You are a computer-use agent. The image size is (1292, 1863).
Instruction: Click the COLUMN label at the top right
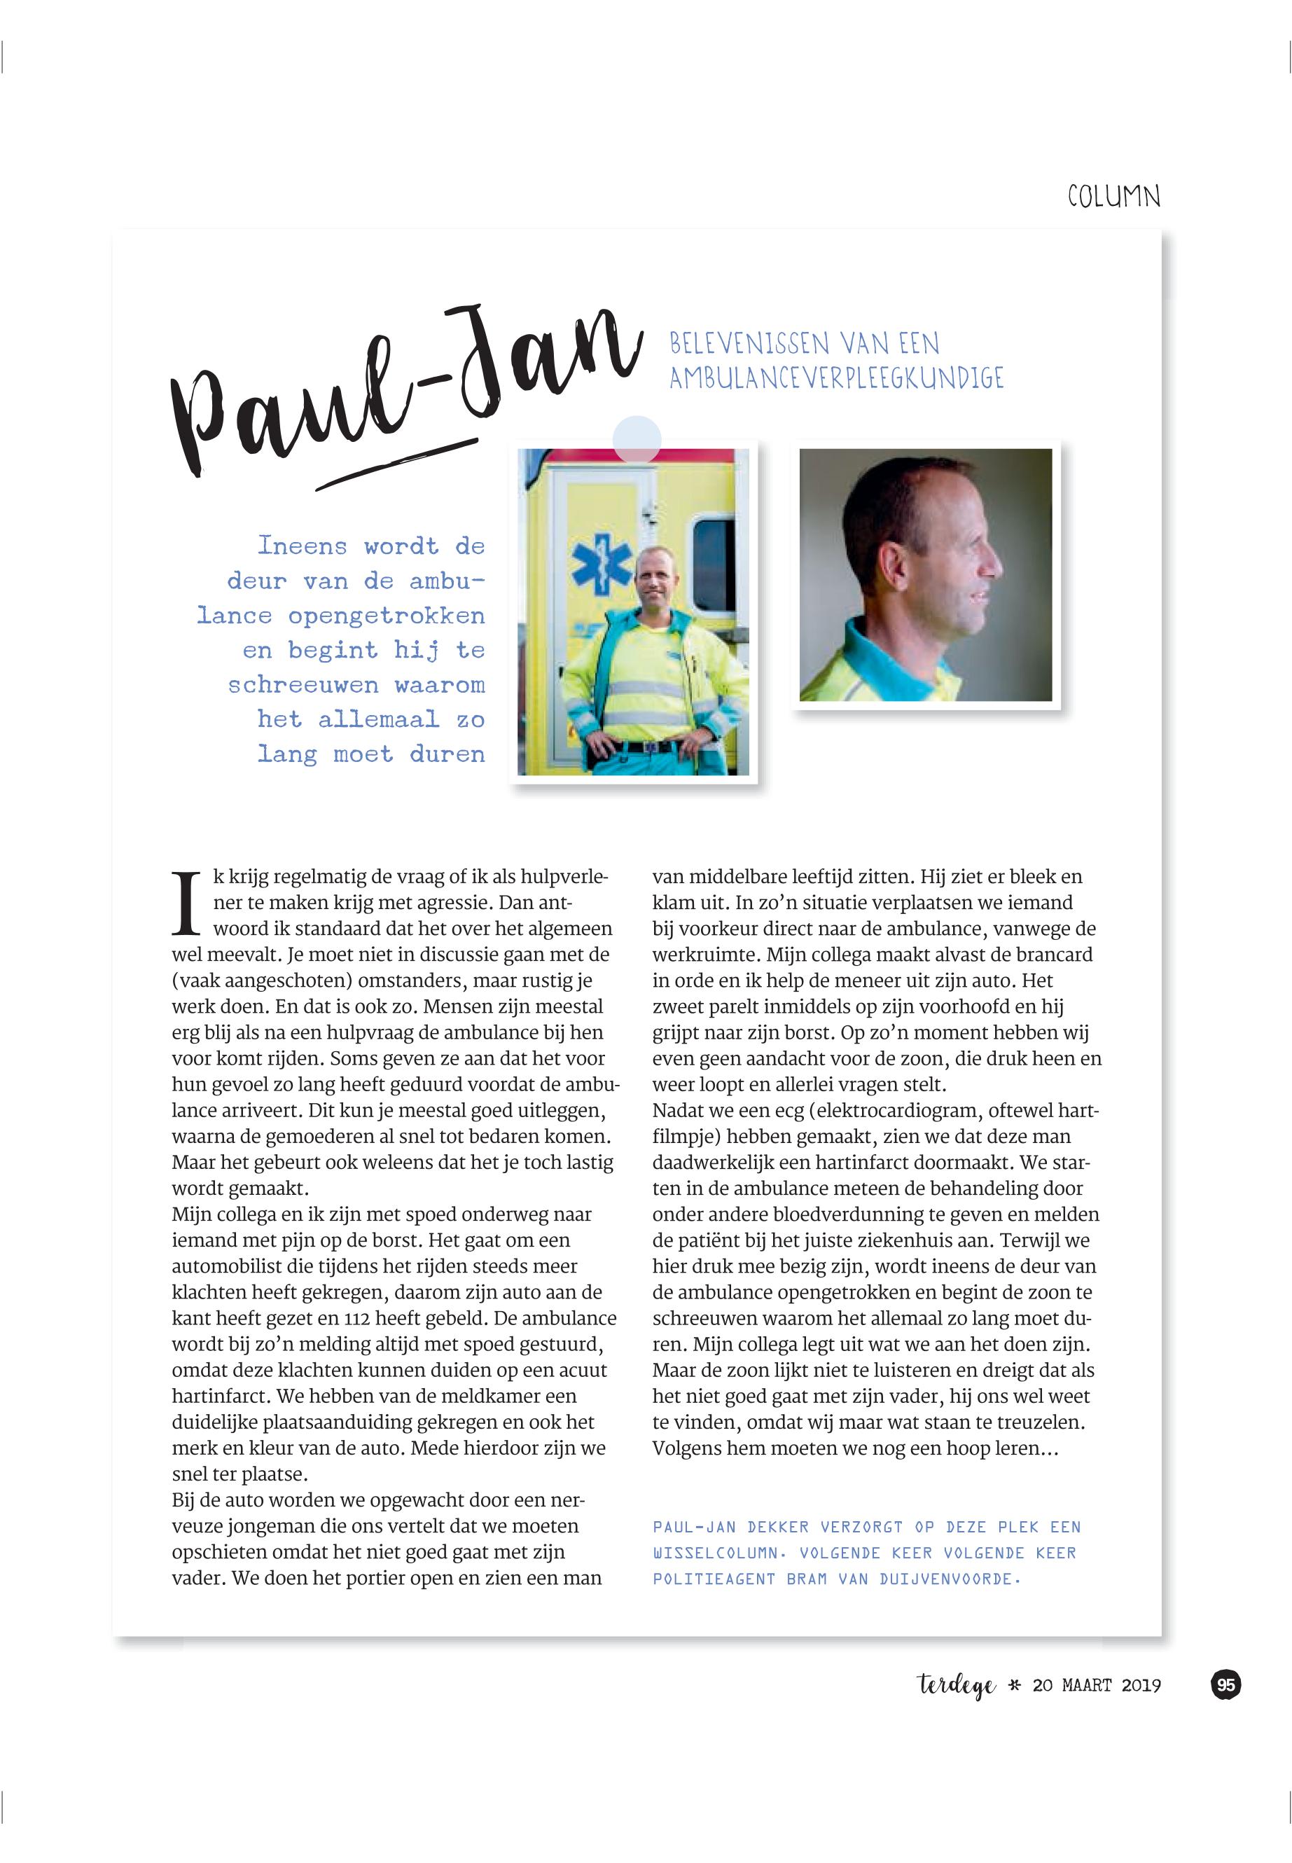(1113, 197)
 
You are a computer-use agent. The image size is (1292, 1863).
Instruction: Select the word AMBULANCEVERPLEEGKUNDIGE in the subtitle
(836, 378)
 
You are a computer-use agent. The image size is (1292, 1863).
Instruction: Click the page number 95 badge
(1225, 1685)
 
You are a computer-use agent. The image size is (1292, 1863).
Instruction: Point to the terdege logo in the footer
(956, 1687)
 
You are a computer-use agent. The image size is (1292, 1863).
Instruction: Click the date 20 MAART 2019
(1096, 1686)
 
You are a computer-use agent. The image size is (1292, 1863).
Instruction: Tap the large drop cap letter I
(187, 900)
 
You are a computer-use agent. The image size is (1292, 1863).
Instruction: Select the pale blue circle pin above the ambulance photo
(637, 439)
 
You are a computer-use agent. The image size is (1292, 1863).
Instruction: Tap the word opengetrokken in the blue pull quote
(386, 616)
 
